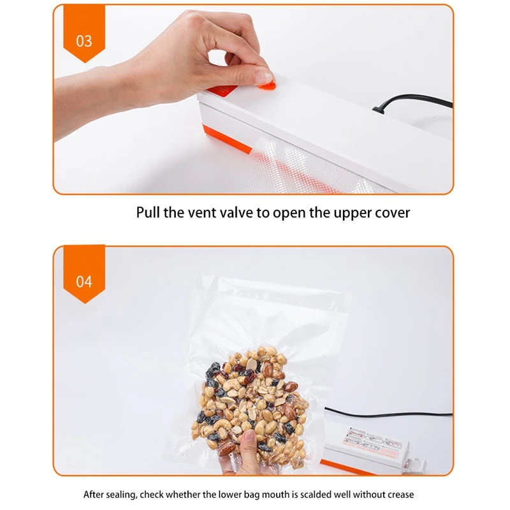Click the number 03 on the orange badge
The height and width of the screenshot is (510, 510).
pyautogui.click(x=84, y=41)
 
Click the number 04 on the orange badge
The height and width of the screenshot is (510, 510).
pyautogui.click(x=84, y=281)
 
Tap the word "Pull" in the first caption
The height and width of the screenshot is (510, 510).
pyautogui.click(x=148, y=212)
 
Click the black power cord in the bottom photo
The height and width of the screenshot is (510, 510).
pyautogui.click(x=389, y=414)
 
